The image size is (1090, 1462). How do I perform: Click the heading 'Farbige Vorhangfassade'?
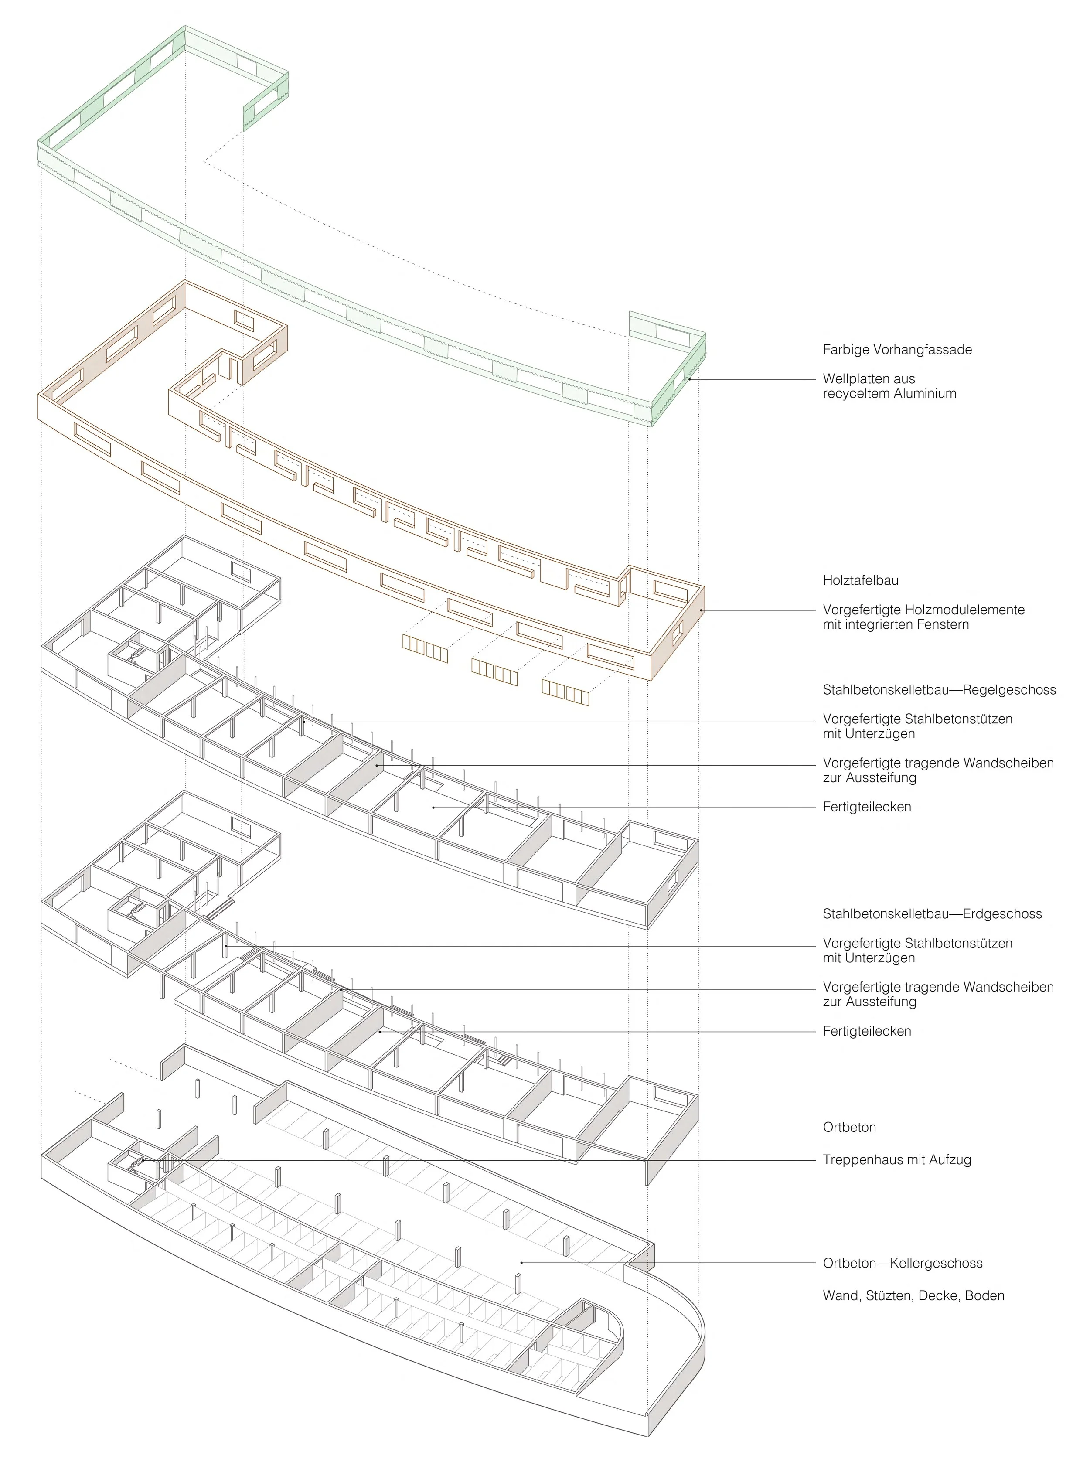point(897,350)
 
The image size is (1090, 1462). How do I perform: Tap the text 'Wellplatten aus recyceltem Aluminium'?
point(889,386)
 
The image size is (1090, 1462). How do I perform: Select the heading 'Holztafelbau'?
point(860,581)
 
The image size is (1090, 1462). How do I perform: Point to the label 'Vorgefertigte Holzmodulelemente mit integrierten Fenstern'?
point(923,617)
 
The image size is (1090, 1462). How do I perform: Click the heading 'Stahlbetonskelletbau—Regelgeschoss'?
point(939,690)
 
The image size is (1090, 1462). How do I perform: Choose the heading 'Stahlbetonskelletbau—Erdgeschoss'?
point(932,914)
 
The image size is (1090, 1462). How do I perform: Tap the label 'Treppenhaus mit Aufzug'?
point(897,1160)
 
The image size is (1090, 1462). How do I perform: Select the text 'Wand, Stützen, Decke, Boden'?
point(913,1296)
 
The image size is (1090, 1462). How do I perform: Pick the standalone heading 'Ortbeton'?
point(849,1128)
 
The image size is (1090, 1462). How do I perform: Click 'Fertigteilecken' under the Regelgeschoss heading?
point(866,807)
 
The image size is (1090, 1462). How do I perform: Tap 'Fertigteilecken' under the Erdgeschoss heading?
point(866,1031)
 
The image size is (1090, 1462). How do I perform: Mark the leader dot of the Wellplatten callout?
point(689,379)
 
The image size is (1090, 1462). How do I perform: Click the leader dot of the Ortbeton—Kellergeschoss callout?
point(521,1264)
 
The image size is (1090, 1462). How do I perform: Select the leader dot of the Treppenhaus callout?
point(143,1160)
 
